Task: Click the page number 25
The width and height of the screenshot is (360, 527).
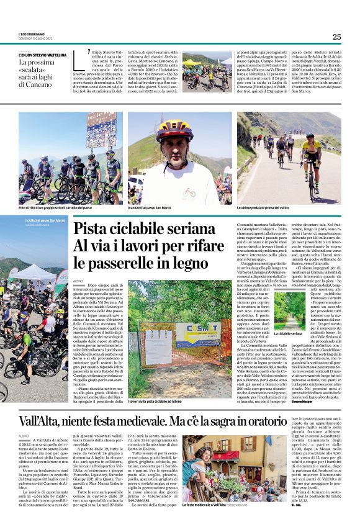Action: [x=336, y=37]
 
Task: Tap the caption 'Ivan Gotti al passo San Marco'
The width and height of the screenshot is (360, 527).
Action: [x=153, y=208]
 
